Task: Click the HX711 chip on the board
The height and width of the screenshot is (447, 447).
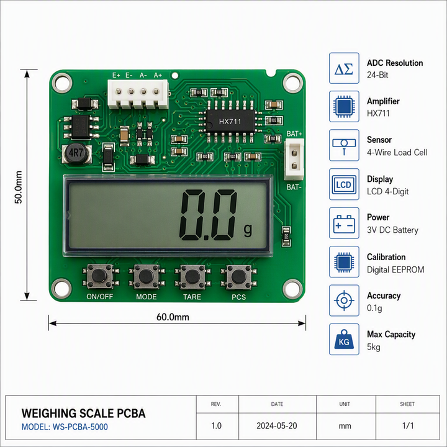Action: [x=230, y=122]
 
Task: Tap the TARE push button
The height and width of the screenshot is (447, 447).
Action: [x=192, y=276]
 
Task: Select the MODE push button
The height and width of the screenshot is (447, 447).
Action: [x=147, y=276]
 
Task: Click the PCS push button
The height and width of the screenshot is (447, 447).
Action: [x=238, y=276]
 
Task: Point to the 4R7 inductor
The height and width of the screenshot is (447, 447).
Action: [x=76, y=153]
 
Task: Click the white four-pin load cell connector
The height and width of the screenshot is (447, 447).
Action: [x=138, y=94]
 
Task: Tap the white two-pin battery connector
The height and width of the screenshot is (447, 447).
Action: [x=294, y=159]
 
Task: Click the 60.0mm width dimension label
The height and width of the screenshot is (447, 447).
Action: [x=173, y=317]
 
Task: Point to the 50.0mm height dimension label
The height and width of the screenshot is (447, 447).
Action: [x=19, y=187]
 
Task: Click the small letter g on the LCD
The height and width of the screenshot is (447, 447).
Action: [x=248, y=229]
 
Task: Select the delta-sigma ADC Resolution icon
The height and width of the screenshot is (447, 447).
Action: [x=344, y=68]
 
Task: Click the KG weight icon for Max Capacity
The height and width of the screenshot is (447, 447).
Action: [x=344, y=339]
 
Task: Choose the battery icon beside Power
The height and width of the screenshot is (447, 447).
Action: [x=344, y=223]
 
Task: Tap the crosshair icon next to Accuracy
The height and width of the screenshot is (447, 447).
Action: [x=344, y=300]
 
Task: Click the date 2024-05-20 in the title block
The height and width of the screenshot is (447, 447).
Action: [x=277, y=426]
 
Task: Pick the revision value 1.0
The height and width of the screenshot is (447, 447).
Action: [x=217, y=426]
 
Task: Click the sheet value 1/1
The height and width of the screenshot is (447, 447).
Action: [x=408, y=426]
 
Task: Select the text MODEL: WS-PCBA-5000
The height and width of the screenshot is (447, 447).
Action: [x=65, y=427]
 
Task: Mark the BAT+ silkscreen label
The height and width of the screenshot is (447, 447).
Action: [x=294, y=133]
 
